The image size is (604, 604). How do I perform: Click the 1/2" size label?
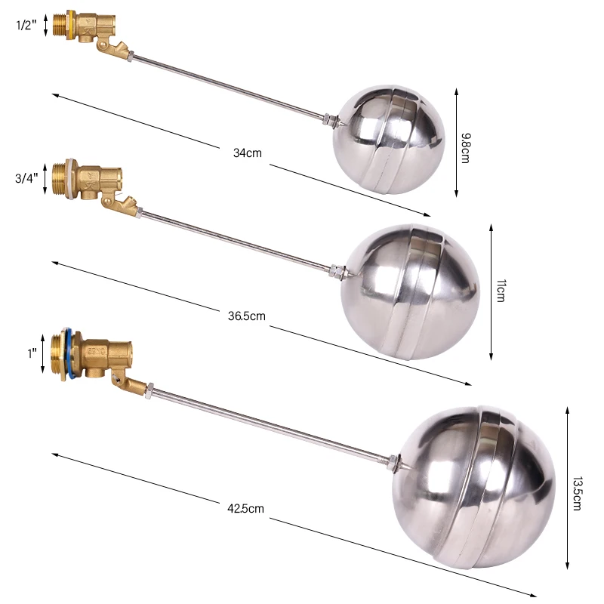coord(26,24)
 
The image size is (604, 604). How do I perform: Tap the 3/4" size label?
coord(26,179)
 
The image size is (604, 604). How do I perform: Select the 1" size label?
coord(32,351)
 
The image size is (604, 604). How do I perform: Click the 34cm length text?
coord(247,153)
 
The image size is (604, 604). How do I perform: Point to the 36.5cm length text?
coord(247,316)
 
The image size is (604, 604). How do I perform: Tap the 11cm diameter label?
coord(500,290)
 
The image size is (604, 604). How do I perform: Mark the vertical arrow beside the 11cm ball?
coord(491,291)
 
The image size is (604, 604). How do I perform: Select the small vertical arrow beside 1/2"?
coord(46,24)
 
